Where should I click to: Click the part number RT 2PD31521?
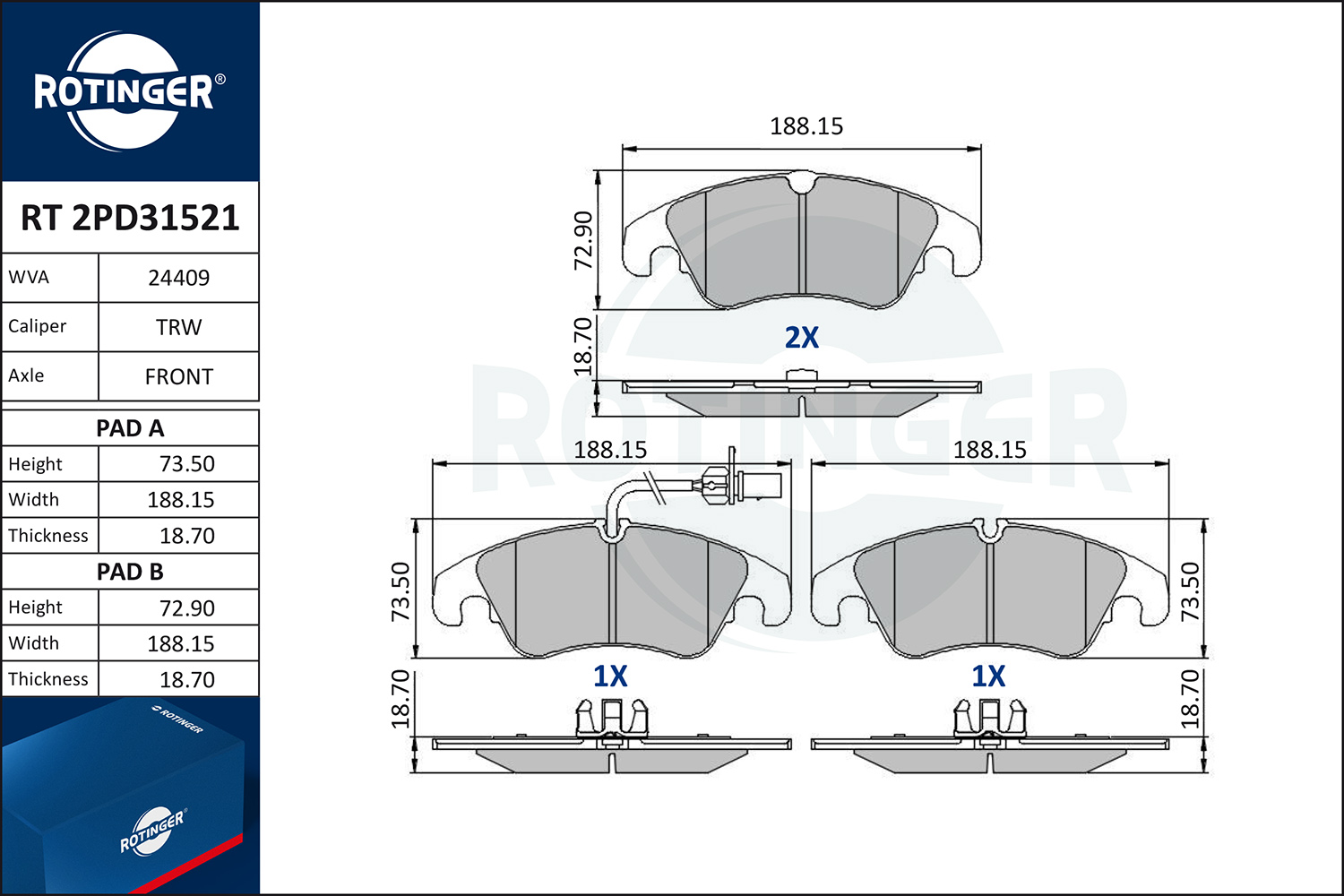(130, 217)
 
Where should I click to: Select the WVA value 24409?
(179, 278)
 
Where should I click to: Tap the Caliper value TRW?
(179, 327)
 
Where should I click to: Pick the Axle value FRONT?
(179, 376)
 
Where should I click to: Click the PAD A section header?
(130, 428)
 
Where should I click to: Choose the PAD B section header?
(130, 572)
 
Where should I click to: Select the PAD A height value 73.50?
(186, 464)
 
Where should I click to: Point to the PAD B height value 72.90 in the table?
(186, 607)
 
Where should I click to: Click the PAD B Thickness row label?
(48, 679)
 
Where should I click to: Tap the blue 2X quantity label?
(802, 337)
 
